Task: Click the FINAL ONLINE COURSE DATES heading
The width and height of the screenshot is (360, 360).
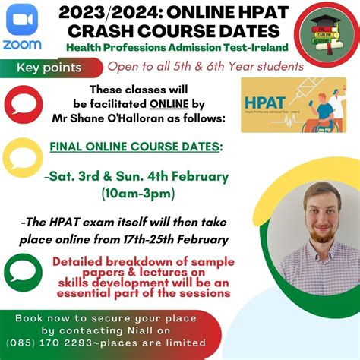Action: pyautogui.click(x=136, y=147)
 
